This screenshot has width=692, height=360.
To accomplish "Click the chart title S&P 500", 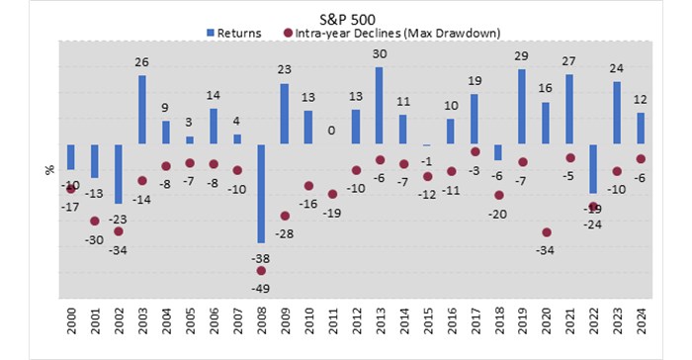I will click(346, 18).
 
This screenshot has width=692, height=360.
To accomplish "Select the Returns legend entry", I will click(233, 33).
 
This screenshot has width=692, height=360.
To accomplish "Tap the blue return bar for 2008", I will click(261, 194).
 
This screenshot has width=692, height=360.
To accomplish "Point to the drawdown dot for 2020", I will click(546, 232).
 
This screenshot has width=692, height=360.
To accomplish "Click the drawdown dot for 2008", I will click(261, 270).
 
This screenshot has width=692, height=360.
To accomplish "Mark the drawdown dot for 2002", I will click(119, 231).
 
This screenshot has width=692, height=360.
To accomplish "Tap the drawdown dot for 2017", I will click(475, 152).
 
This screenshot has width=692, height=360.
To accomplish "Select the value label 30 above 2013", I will click(380, 55).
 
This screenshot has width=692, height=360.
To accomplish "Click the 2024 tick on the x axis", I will click(641, 324).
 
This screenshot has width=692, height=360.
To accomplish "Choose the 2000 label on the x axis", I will click(71, 324).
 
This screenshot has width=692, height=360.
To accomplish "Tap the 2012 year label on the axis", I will click(356, 324).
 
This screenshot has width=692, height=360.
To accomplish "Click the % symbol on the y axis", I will click(47, 169).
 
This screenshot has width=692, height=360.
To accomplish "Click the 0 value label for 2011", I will click(332, 131).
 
